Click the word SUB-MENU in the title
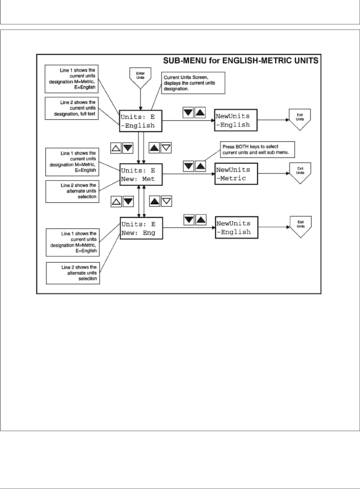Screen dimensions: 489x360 (x=181, y=61)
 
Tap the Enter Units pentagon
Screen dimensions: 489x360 (x=140, y=76)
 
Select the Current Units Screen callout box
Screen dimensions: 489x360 (x=193, y=83)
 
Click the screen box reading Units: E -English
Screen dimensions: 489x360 (x=141, y=121)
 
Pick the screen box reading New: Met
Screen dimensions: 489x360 (x=141, y=175)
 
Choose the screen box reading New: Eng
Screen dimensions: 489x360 (x=141, y=228)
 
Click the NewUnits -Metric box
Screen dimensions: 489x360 (x=236, y=174)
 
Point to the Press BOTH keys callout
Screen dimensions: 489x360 (x=257, y=149)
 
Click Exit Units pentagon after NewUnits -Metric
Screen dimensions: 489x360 (x=300, y=172)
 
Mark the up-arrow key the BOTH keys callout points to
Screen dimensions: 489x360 (x=201, y=166)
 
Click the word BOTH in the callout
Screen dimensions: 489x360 (x=240, y=147)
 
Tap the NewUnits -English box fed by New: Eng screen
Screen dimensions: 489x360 (x=236, y=228)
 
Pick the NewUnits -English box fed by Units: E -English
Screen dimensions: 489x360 (x=236, y=120)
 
